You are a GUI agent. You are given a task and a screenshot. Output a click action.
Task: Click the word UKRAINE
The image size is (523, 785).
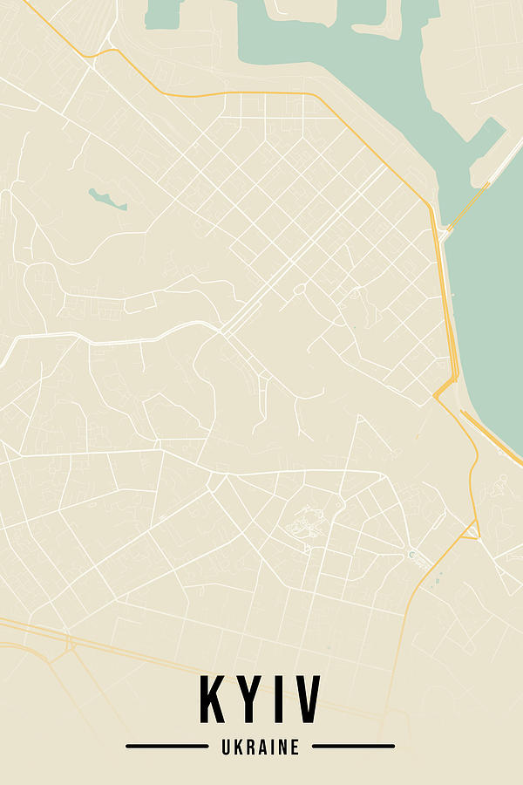coord(261,747)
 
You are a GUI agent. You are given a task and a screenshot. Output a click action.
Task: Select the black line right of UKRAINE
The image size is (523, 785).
coord(353,747)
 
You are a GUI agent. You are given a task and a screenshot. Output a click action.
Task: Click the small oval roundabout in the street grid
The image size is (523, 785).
coord(299,289)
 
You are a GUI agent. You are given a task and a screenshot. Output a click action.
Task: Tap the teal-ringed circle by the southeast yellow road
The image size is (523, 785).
coord(411,554)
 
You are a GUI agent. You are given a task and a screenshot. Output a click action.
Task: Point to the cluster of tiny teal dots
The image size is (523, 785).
coord(436,576)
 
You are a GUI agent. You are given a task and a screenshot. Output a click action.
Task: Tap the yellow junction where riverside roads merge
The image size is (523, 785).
coord(445,388)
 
